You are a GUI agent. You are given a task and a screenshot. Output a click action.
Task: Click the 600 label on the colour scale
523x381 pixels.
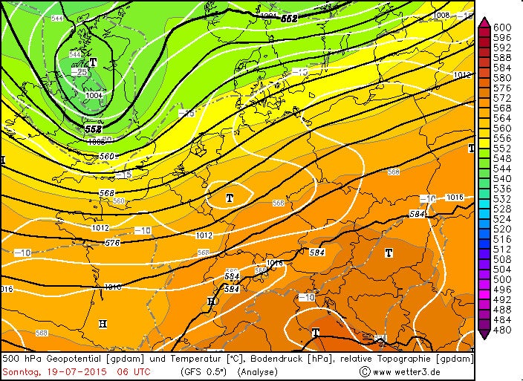(x=503, y=27)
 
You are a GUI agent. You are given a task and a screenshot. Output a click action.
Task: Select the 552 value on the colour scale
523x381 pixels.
(x=503, y=149)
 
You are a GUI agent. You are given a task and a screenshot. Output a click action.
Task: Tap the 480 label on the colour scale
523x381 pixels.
(x=503, y=330)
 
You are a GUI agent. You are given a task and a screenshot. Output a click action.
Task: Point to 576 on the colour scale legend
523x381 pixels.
(x=503, y=88)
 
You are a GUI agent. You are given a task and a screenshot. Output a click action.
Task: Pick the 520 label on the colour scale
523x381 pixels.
(x=503, y=229)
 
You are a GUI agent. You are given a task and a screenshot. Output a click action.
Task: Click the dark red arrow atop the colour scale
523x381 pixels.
(x=484, y=22)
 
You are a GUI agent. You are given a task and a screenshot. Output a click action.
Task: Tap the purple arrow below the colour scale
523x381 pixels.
(x=484, y=335)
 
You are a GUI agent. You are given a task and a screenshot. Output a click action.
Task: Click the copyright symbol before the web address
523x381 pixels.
(x=364, y=371)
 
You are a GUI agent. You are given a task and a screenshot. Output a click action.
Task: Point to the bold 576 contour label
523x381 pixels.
(x=112, y=243)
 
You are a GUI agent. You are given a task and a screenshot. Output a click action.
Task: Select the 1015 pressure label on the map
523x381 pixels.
(x=455, y=197)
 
